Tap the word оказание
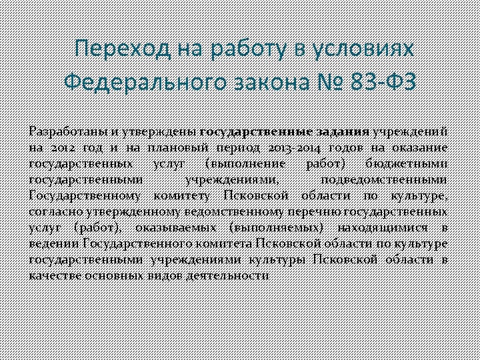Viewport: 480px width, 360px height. tap(418, 147)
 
